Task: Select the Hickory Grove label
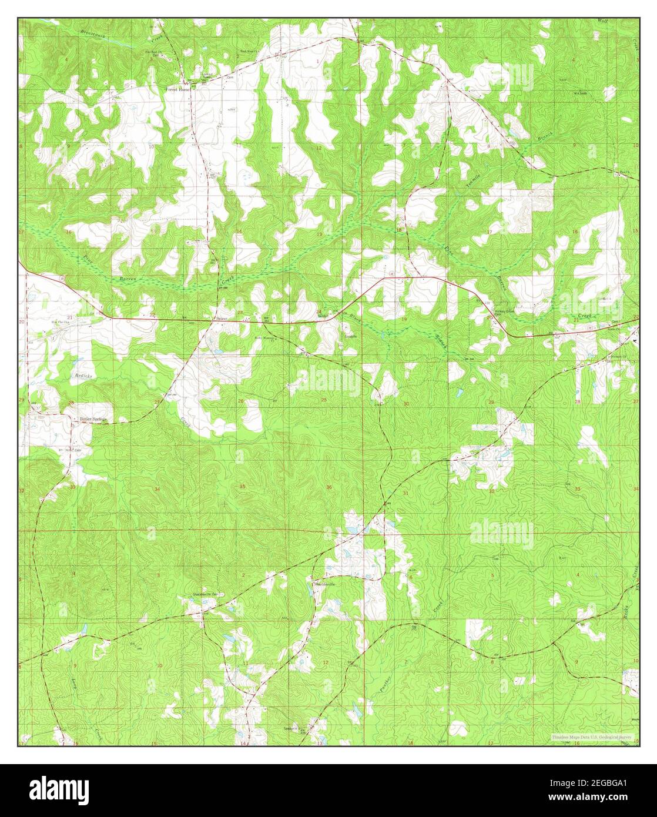pos(504,312)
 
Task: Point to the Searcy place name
pos(221,318)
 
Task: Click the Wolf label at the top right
pos(602,21)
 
